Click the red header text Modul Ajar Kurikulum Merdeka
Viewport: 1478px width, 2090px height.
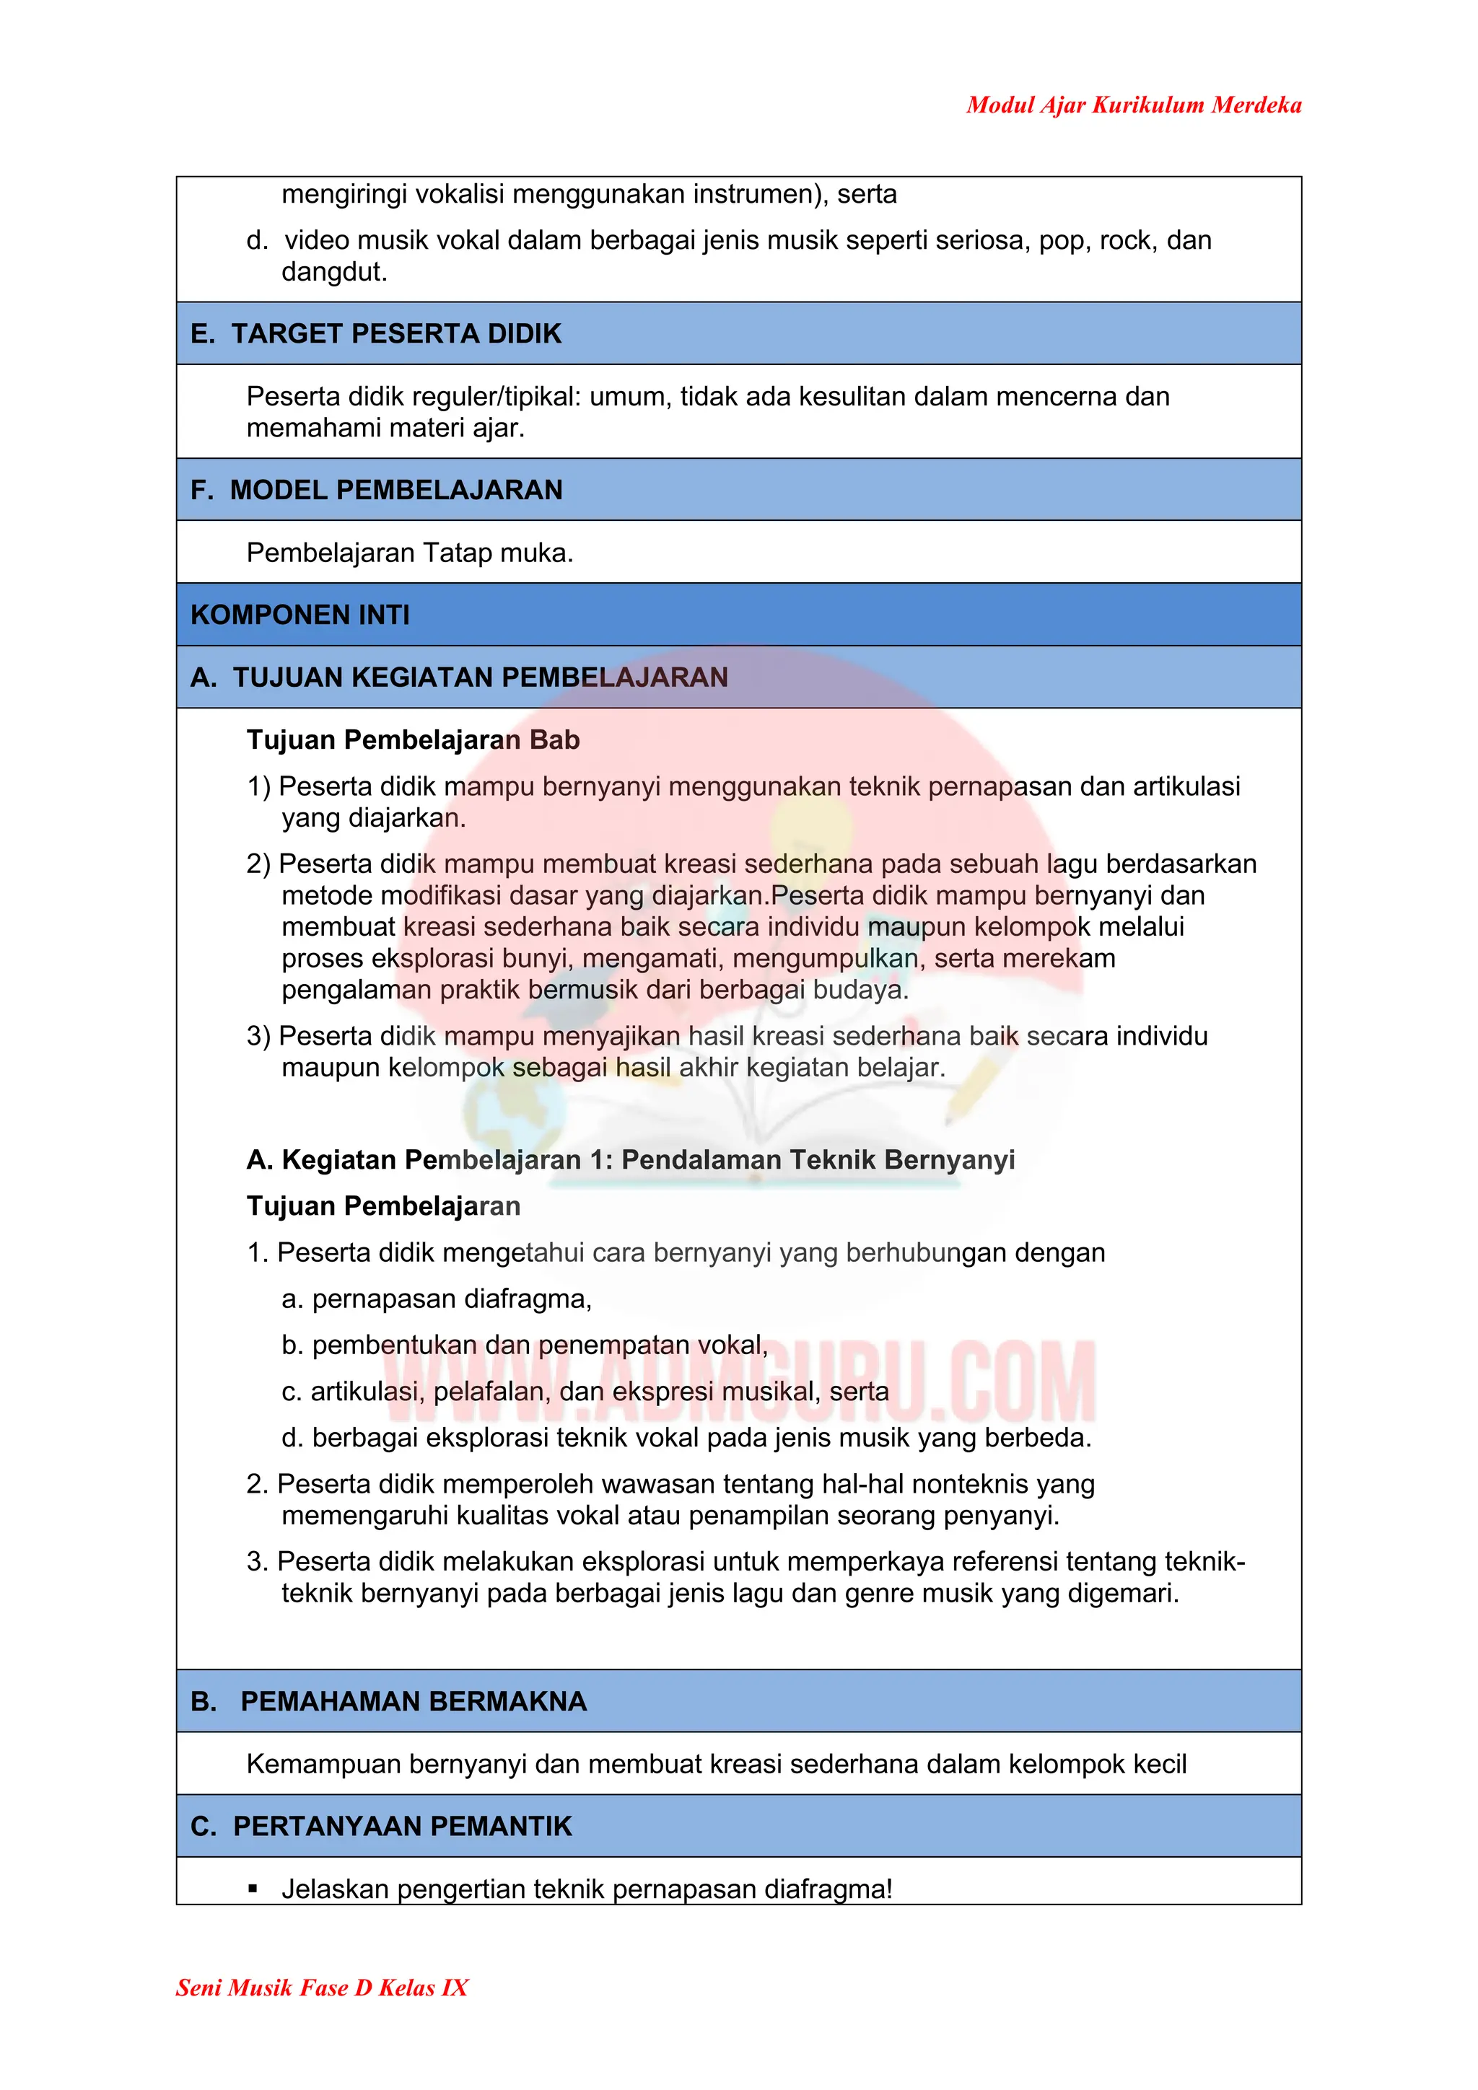tap(1133, 105)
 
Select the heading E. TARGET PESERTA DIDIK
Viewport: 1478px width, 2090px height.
tap(376, 334)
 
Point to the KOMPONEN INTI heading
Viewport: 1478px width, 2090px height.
tap(299, 615)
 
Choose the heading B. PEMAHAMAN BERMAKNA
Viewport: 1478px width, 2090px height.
tap(389, 1701)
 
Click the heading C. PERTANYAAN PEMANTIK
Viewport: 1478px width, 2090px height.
tap(380, 1826)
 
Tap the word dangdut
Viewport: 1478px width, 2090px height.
tap(333, 271)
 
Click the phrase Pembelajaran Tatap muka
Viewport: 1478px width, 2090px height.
tap(410, 553)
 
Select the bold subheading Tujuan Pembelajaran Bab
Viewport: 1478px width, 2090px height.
tap(413, 740)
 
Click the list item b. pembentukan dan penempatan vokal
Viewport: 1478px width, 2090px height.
tap(525, 1345)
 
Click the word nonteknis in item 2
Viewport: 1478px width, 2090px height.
tap(968, 1484)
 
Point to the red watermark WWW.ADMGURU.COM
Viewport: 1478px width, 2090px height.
tap(740, 1382)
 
